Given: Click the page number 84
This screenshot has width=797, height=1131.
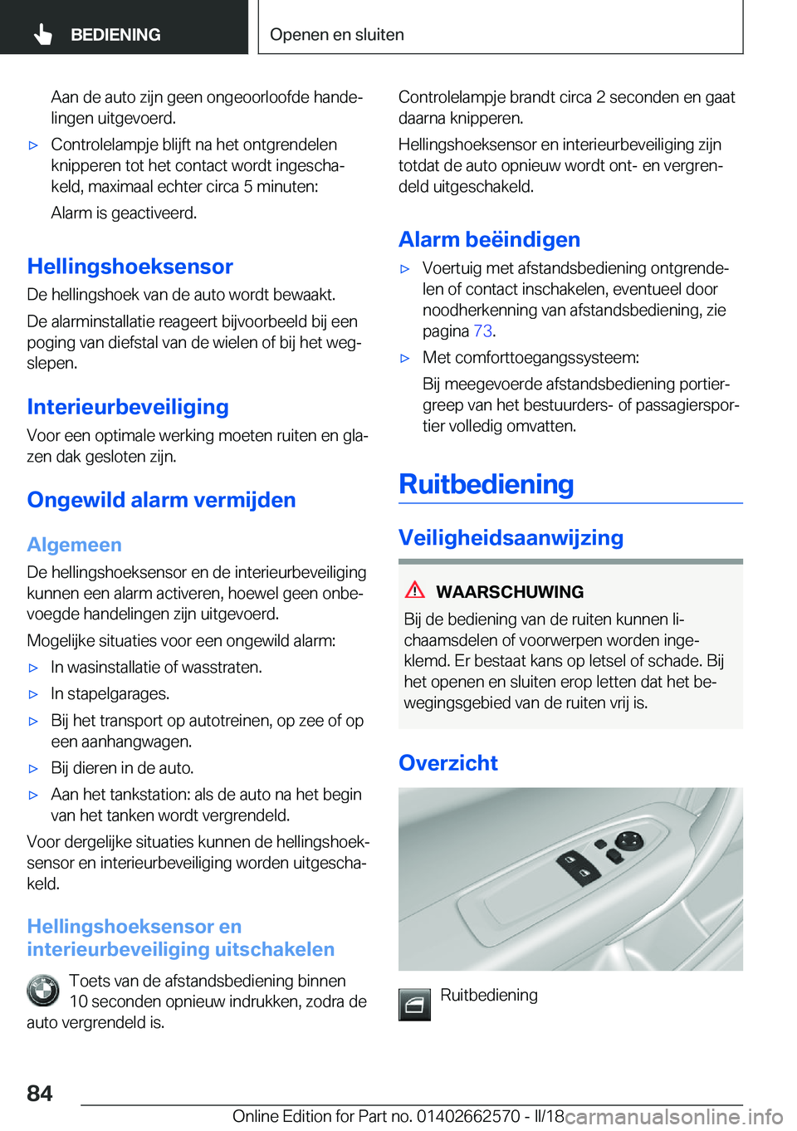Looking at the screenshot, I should tap(40, 1093).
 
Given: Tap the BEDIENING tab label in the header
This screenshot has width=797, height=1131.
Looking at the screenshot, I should tap(115, 35).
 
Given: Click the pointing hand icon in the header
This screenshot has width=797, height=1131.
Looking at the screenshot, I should tap(43, 34).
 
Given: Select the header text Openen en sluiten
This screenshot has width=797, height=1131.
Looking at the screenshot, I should tap(336, 35).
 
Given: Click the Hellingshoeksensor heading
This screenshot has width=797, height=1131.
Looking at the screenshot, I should tap(130, 267).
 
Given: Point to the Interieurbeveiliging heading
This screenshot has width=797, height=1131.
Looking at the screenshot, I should tap(128, 407).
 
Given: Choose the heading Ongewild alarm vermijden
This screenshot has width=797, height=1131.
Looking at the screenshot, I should tap(161, 500).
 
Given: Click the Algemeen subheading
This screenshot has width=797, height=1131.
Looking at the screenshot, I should tap(74, 545).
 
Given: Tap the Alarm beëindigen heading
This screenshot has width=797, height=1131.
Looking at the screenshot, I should tap(489, 239).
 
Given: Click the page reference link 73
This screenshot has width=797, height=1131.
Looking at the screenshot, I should tap(482, 331).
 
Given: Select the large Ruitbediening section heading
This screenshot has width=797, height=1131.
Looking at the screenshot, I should tap(486, 484).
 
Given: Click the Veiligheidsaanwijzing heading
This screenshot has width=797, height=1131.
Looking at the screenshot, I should tap(511, 537).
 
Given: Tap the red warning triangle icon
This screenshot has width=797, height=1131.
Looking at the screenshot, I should tap(415, 590).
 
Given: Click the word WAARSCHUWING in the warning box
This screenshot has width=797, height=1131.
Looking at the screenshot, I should tap(510, 592).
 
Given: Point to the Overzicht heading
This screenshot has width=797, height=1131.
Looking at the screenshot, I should tap(447, 763).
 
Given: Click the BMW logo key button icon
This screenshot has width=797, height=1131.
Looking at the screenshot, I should tap(42, 991).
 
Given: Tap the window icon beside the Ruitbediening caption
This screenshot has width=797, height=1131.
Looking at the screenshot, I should tap(414, 1005).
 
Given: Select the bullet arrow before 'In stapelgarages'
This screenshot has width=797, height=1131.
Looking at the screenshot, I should tap(34, 694).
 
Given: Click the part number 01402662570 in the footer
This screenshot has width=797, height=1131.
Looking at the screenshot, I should tap(468, 1116).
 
